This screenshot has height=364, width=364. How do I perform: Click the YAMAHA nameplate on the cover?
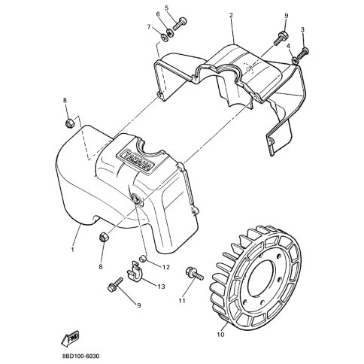pyautogui.click(x=135, y=160)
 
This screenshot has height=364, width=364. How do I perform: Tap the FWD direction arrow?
pyautogui.click(x=70, y=338)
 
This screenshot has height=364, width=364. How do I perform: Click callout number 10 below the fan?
pyautogui.click(x=221, y=335)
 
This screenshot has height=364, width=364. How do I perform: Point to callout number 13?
pyautogui.click(x=161, y=286)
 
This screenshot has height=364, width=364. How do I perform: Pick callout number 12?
pyautogui.click(x=166, y=267)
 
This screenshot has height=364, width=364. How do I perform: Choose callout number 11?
pyautogui.click(x=182, y=300)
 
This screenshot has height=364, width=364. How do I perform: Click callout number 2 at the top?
pyautogui.click(x=231, y=15)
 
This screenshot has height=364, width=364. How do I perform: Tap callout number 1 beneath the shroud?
pyautogui.click(x=72, y=250)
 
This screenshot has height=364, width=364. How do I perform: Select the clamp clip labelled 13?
pyautogui.click(x=135, y=272)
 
